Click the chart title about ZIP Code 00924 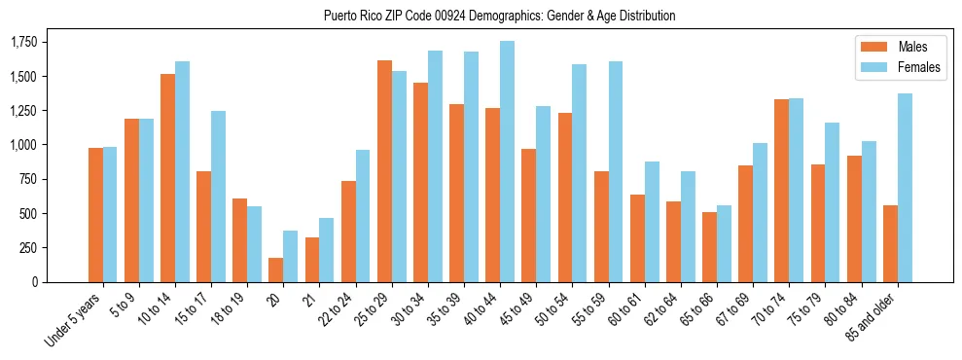499,16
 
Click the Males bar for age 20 276,270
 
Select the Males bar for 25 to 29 384,171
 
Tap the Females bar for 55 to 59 616,171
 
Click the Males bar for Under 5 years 95,215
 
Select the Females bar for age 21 327,250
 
